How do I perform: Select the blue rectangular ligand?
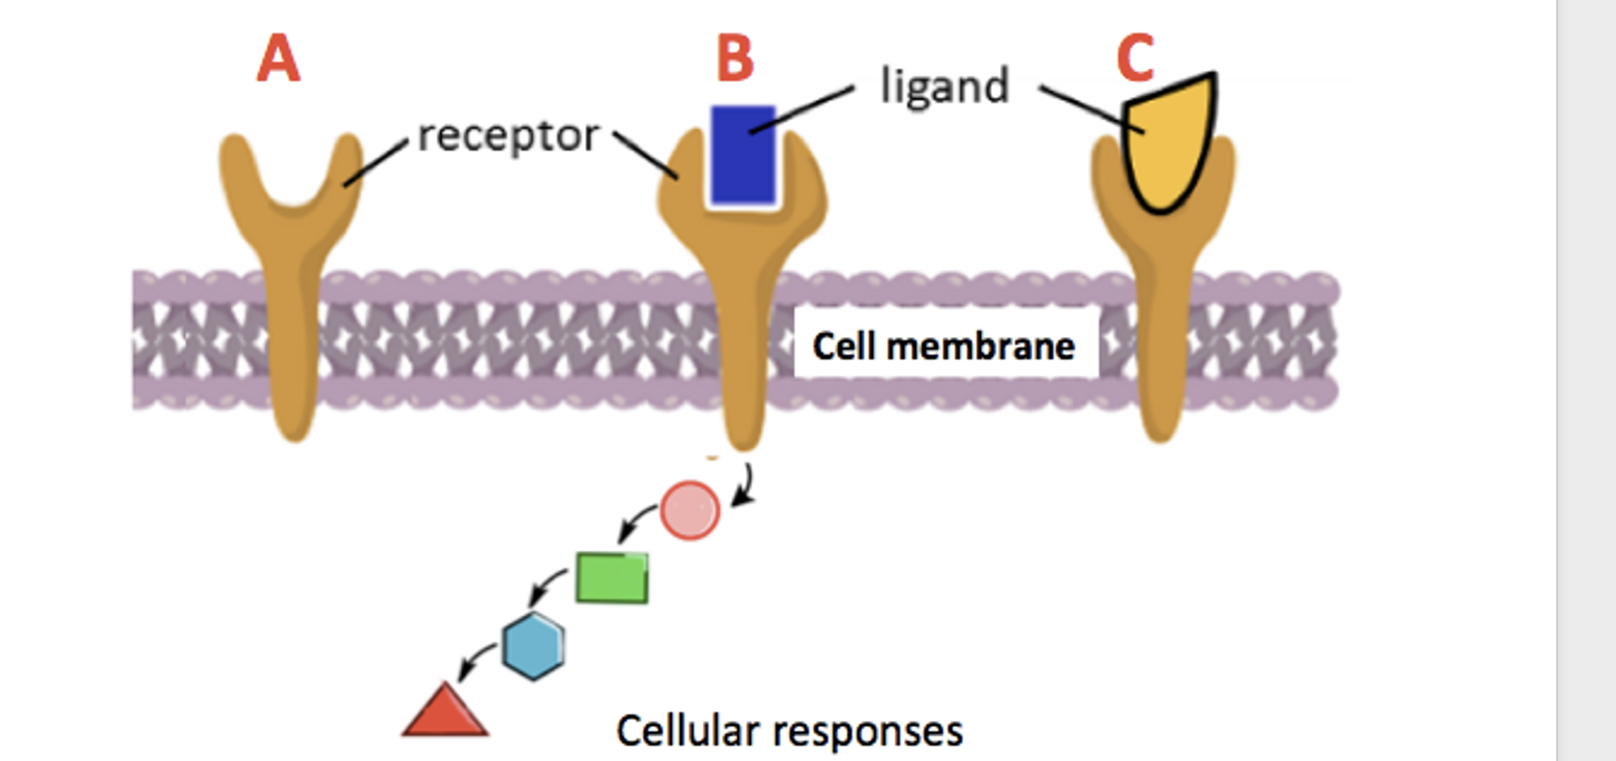[743, 155]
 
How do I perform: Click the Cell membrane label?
[944, 347]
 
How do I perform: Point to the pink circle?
[689, 510]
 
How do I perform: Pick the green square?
[612, 578]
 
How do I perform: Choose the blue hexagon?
[534, 646]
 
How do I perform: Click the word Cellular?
[688, 731]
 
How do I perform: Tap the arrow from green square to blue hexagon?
[547, 586]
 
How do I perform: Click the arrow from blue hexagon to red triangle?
[475, 661]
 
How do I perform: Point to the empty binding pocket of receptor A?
[293, 178]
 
